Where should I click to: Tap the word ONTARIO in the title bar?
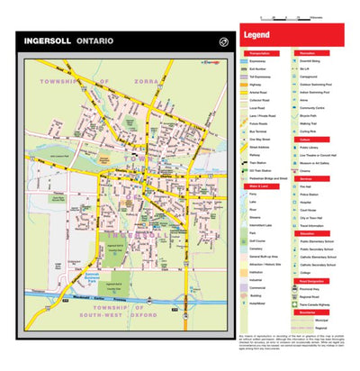94,41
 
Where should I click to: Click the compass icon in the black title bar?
223,41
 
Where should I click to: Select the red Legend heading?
256,37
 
